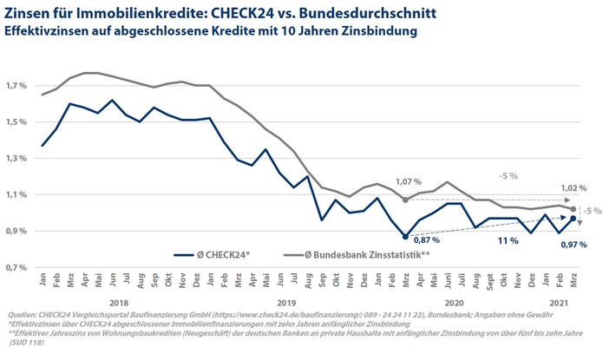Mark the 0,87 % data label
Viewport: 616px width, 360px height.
click(x=425, y=240)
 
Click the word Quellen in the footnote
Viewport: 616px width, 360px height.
click(x=18, y=316)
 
